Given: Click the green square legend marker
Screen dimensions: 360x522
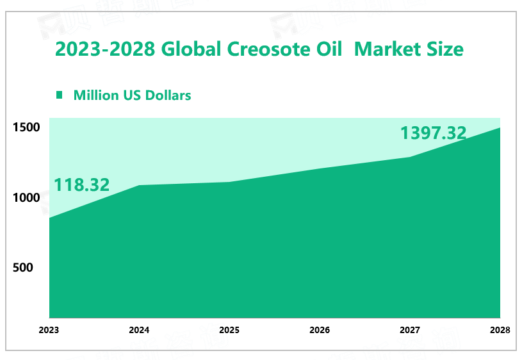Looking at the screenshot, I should tap(60, 95).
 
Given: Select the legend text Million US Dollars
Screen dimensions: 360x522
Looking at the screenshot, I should tap(133, 95).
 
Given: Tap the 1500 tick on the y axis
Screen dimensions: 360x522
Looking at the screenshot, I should tap(26, 127).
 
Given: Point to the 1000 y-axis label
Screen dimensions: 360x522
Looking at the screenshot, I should tap(26, 198).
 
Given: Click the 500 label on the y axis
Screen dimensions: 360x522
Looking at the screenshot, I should tap(23, 268).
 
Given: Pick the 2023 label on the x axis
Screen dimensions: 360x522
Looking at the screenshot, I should tap(49, 331).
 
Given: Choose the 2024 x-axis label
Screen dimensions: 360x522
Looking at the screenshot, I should tap(139, 331).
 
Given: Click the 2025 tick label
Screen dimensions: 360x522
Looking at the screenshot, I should tap(229, 331).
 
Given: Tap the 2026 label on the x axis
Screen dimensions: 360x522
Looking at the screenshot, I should tap(320, 331).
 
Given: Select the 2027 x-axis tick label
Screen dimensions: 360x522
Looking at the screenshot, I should tap(410, 331).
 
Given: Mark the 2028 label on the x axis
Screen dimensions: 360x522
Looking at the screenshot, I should tap(500, 331).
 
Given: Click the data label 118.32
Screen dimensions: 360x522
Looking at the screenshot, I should tap(81, 185).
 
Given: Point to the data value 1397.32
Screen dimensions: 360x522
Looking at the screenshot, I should tap(433, 133).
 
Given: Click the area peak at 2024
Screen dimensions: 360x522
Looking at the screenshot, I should tap(140, 186).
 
